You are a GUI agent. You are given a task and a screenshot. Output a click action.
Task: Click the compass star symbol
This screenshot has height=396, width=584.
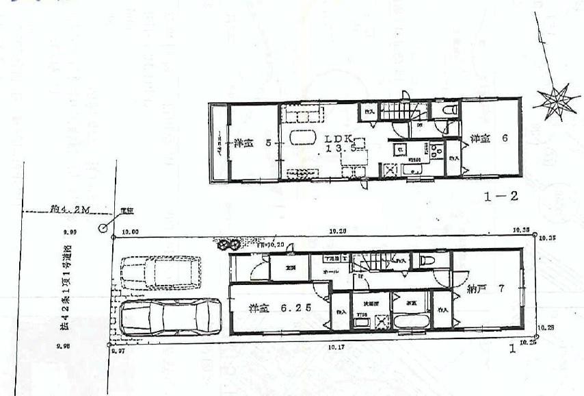point(555,101)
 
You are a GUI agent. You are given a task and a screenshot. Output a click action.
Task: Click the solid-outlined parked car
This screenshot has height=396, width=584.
point(170,317)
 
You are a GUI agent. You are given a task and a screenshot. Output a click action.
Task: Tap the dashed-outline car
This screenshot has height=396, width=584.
point(160,272)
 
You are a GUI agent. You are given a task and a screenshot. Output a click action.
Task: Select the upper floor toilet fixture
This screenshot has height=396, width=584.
point(449,110)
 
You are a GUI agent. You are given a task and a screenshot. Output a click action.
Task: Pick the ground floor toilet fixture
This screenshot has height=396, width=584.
point(428,260)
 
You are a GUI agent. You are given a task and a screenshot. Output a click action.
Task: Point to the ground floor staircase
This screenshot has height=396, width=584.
point(375,260)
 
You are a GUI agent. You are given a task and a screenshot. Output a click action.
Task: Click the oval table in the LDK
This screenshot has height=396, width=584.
point(303,137)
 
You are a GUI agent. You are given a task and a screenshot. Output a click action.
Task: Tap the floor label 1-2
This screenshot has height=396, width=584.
point(501,197)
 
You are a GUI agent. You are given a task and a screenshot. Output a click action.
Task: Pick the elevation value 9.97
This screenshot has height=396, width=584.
point(118,350)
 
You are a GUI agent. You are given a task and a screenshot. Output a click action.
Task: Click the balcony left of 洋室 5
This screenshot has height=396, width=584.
point(218,143)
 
